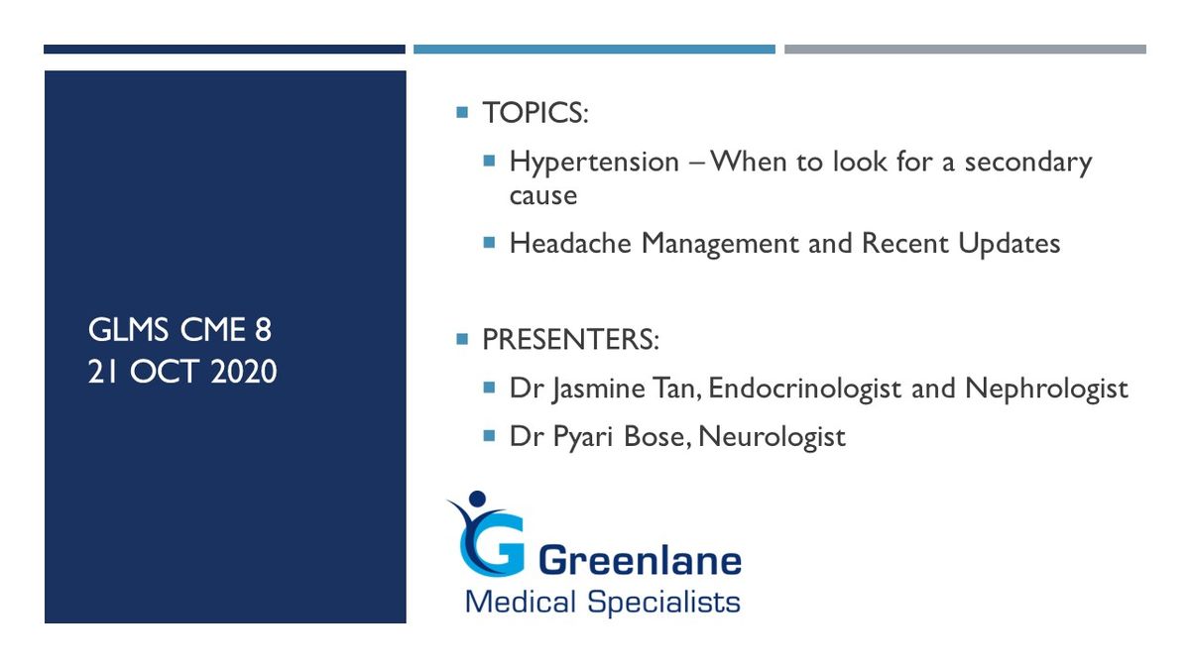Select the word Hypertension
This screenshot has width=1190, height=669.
(594, 163)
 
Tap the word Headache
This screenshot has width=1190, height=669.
(570, 243)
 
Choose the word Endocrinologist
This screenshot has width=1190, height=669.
(805, 389)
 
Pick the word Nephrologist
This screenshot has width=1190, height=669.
(1046, 389)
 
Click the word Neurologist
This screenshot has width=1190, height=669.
(772, 437)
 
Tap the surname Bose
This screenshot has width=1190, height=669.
(657, 437)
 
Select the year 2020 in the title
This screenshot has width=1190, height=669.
(244, 371)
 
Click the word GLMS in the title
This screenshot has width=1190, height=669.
(128, 330)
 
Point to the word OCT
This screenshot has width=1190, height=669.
(165, 371)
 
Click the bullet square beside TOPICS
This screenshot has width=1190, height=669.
(462, 112)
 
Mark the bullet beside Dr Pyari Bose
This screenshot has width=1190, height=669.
(489, 436)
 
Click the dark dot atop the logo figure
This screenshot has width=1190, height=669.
(477, 499)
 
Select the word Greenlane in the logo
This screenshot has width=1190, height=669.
(641, 561)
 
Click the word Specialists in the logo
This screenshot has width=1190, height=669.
(663, 604)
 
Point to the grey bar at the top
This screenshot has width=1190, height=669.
(965, 50)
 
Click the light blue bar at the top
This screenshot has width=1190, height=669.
(594, 50)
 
